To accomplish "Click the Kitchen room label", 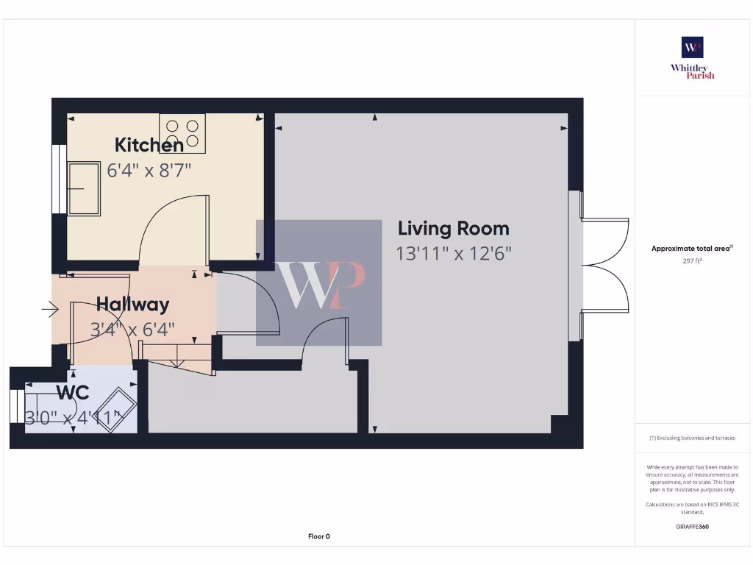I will pyautogui.click(x=149, y=144).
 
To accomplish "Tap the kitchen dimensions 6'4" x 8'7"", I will pyautogui.click(x=149, y=170).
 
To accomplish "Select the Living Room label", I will pyautogui.click(x=453, y=228).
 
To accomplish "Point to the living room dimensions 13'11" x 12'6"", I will pyautogui.click(x=453, y=254).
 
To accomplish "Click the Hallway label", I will pyautogui.click(x=132, y=304).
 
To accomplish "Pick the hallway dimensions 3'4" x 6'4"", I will pyautogui.click(x=132, y=330).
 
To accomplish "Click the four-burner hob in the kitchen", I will pyautogui.click(x=182, y=133).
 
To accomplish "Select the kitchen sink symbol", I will pyautogui.click(x=84, y=189).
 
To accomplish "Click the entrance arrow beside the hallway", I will pyautogui.click(x=49, y=310).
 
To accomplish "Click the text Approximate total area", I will pyautogui.click(x=691, y=249).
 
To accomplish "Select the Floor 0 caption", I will pyautogui.click(x=318, y=536).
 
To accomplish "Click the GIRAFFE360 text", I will pyautogui.click(x=692, y=527).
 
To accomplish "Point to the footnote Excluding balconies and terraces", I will pyautogui.click(x=692, y=438).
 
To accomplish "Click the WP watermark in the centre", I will pyautogui.click(x=319, y=282).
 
